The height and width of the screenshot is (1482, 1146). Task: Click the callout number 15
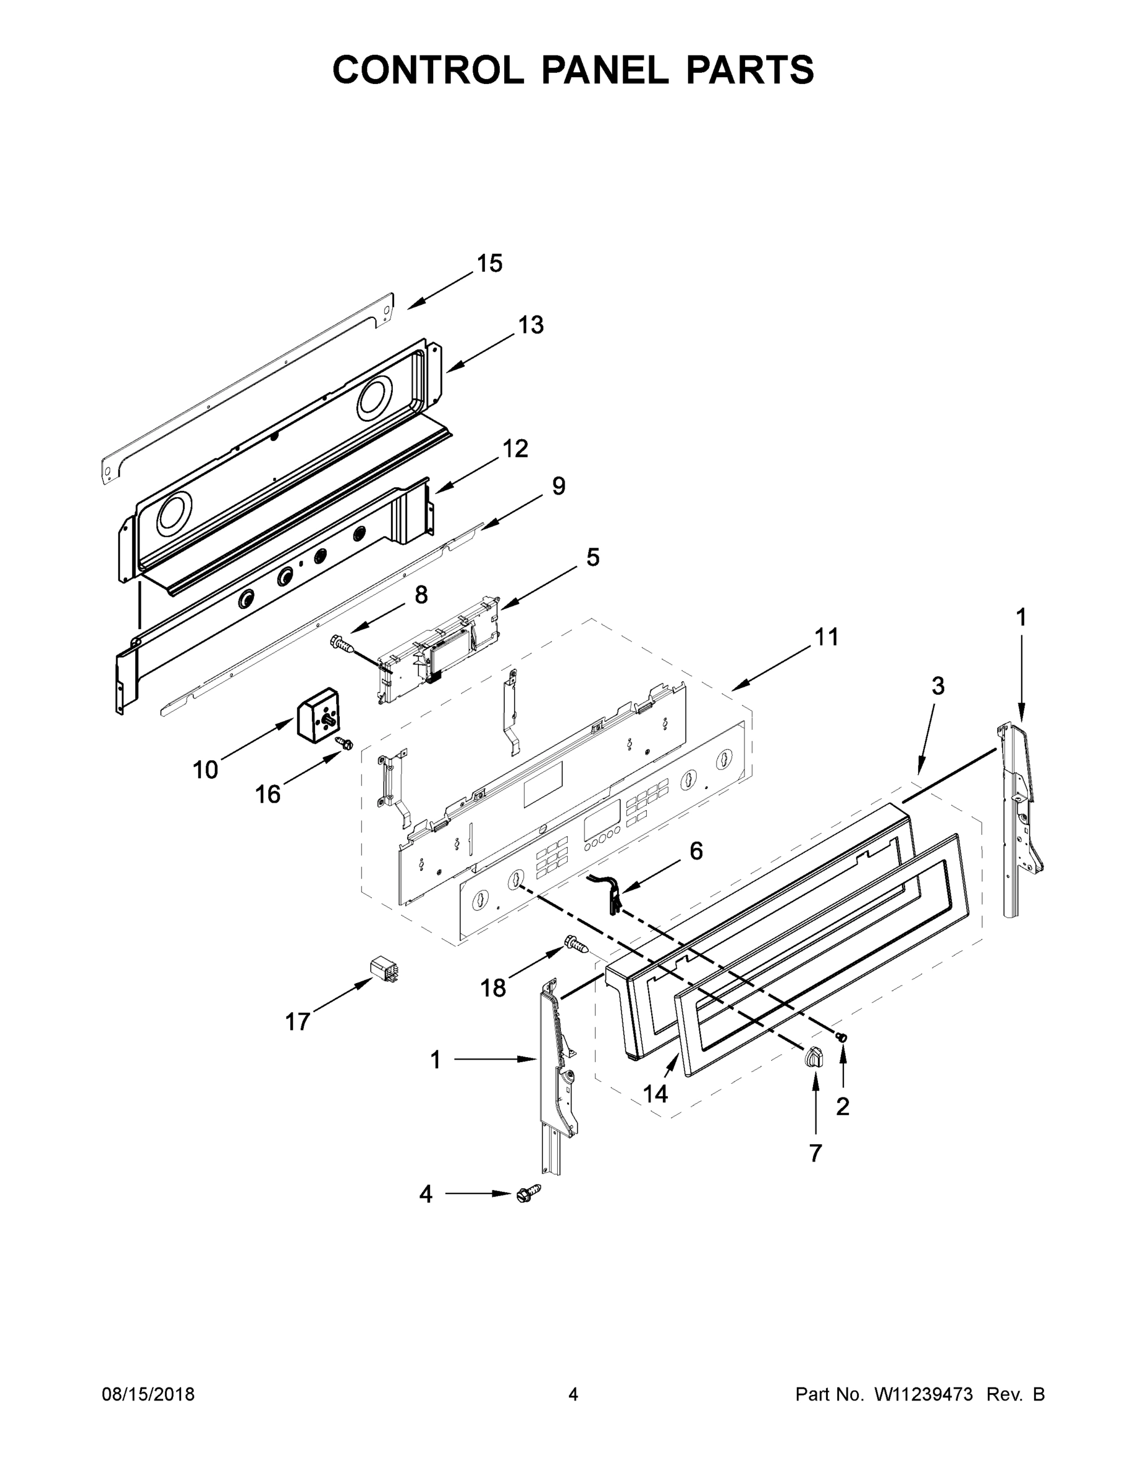(x=489, y=263)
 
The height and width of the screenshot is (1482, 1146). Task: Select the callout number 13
(x=530, y=325)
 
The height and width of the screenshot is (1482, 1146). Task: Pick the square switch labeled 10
(x=318, y=716)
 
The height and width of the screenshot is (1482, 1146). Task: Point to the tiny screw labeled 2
(x=843, y=1037)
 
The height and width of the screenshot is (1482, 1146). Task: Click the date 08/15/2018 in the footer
(x=148, y=1394)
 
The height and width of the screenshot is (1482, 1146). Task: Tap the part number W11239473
(x=924, y=1394)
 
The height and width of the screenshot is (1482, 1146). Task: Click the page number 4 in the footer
(x=573, y=1394)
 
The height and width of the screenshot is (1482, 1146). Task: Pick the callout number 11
(x=826, y=637)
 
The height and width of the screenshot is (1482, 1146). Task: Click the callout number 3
(x=937, y=686)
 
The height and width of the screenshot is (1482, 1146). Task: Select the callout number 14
(x=655, y=1093)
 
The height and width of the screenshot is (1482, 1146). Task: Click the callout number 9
(x=558, y=486)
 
